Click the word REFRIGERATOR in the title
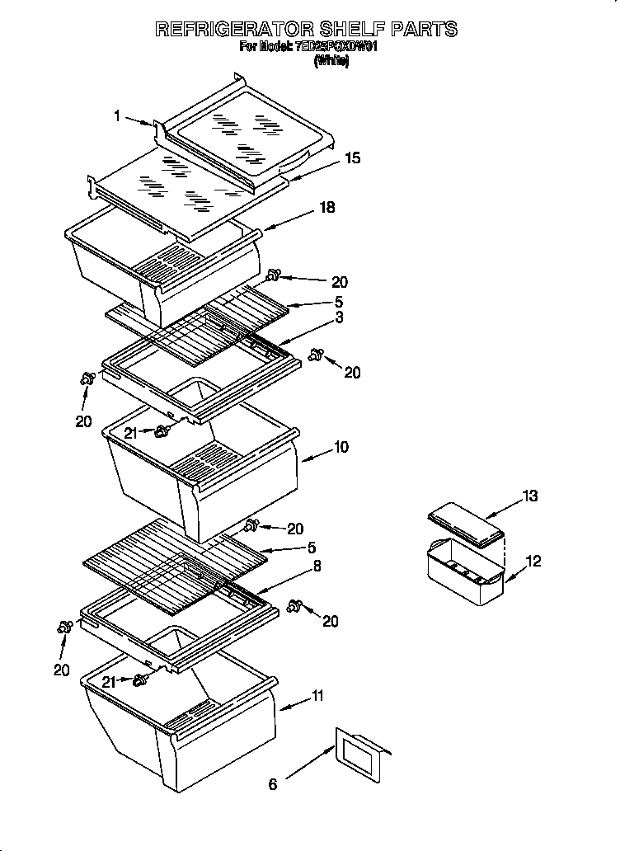point(233,30)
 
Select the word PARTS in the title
point(424,30)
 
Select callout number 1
point(117,117)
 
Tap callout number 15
point(352,158)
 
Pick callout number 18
point(326,208)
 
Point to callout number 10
point(341,448)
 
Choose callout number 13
point(529,496)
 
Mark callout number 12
point(533,562)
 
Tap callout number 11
point(317,698)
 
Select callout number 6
point(273,784)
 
